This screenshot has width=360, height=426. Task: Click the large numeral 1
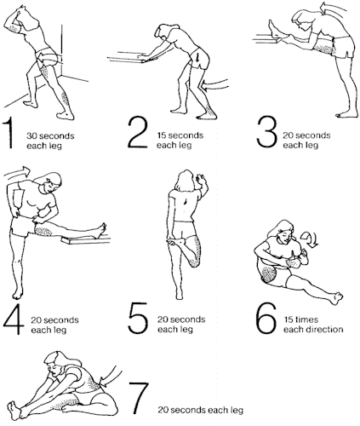[9, 133]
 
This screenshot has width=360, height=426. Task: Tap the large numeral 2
[138, 133]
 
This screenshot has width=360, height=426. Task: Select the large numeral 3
[266, 132]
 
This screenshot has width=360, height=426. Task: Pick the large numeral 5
[138, 318]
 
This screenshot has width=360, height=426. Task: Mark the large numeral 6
[266, 318]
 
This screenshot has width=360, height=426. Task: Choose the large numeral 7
[139, 398]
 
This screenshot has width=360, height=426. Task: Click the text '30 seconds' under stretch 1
[50, 135]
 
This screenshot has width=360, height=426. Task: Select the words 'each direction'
[313, 330]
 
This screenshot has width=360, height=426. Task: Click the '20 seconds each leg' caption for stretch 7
[200, 410]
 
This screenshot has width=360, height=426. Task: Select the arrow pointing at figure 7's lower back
[111, 377]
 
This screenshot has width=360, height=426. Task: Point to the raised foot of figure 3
[274, 28]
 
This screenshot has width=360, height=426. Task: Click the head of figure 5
[186, 181]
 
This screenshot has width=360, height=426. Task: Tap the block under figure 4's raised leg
[85, 241]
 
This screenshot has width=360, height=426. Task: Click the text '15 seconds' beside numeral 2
[180, 135]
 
